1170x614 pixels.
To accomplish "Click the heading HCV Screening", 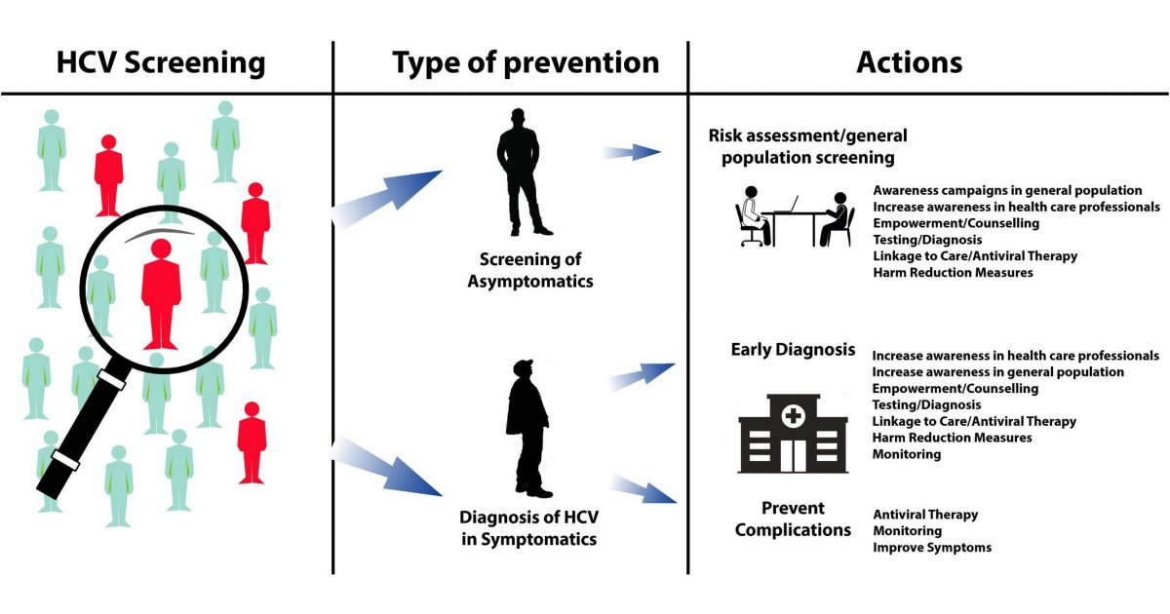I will (161, 63).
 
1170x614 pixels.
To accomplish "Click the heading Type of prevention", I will (526, 63).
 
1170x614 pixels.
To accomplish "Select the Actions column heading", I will (909, 63).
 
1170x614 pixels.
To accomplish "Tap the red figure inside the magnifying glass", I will (160, 292).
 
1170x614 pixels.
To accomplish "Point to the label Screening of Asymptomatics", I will (529, 270).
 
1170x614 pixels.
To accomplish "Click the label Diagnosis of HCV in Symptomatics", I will (528, 526).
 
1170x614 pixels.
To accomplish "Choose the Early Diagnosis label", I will (793, 350).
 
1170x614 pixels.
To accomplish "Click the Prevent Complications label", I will (793, 519).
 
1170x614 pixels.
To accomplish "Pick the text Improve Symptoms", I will (931, 548).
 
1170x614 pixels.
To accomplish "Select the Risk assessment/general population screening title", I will (807, 145).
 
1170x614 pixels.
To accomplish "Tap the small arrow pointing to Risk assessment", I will (632, 151).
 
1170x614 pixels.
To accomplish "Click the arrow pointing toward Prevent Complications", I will (643, 488).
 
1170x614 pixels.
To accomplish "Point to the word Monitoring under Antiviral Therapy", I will (907, 531).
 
